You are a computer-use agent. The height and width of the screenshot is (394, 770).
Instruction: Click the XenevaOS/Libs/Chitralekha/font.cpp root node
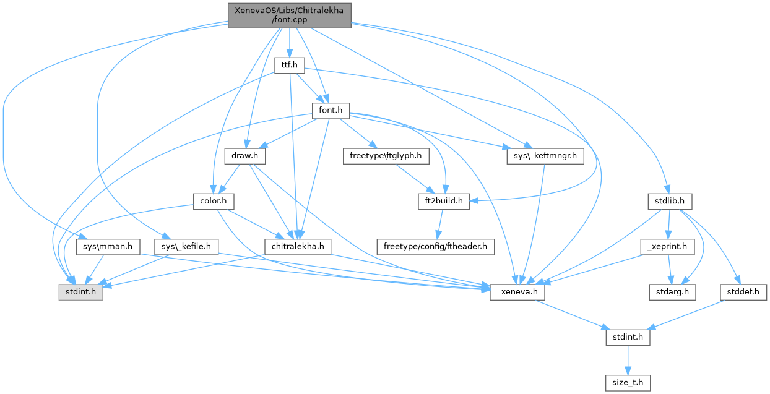tap(290, 15)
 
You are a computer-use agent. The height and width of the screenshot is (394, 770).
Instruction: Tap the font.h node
tap(331, 110)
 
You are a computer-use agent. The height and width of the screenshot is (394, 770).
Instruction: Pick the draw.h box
tap(244, 156)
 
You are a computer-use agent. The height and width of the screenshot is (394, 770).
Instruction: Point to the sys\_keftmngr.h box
tap(545, 156)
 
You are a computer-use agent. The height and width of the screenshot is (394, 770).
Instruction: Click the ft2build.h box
tap(444, 202)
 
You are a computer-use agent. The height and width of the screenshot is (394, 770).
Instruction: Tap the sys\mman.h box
tap(105, 247)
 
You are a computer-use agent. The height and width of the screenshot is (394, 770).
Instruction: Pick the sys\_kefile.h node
tap(186, 247)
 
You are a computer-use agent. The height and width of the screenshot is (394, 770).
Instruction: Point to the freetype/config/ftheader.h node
tap(435, 247)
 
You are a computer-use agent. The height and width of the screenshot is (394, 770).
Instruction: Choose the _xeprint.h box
tap(667, 247)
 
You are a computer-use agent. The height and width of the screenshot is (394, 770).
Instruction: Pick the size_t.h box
tap(628, 383)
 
